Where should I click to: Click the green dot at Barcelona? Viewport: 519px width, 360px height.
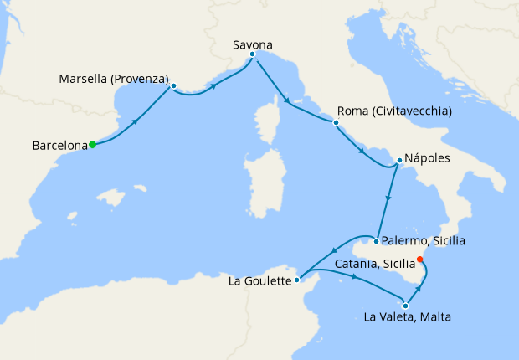92,145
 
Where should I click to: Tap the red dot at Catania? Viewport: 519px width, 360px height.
420,259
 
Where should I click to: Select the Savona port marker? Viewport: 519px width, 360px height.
252,54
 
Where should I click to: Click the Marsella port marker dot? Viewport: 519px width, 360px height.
173,85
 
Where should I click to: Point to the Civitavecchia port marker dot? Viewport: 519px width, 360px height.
336,123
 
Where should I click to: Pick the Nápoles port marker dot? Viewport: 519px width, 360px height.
399,159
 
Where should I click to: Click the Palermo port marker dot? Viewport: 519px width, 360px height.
377,242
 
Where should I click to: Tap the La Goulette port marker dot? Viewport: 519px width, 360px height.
298,280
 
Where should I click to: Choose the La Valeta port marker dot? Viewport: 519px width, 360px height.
405,306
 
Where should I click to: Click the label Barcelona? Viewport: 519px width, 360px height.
59,146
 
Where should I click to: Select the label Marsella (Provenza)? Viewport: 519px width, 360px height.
114,80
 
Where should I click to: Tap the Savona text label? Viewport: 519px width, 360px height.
253,43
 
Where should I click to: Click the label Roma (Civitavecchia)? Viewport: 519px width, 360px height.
394,111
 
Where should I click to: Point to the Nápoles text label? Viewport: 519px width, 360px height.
428,157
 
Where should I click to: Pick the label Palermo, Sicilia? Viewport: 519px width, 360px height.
424,241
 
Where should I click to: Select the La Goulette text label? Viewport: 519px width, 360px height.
259,281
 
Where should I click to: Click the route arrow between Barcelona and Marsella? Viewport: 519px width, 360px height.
136,121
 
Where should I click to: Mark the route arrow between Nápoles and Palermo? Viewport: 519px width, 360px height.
388,200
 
